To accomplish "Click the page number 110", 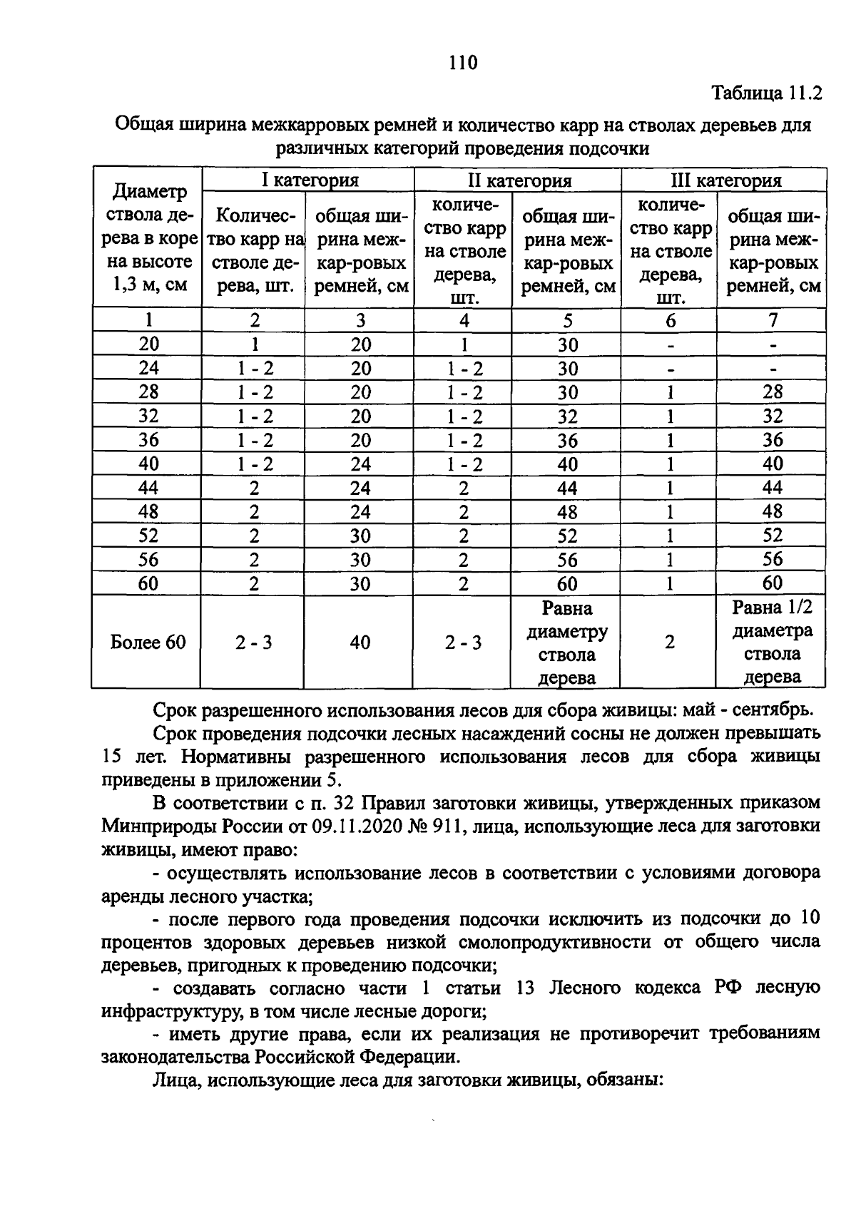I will point(463,63).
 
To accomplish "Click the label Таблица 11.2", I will point(768,93).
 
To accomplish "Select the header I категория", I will point(308,180).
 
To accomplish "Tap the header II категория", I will point(519,180).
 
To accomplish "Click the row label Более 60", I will point(148,643).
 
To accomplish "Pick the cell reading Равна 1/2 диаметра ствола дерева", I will point(772,642).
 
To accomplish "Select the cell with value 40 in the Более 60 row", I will point(360,643).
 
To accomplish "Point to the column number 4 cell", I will point(464,320).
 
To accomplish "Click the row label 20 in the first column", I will point(148,344).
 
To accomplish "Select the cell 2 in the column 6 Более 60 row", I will point(669,643).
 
